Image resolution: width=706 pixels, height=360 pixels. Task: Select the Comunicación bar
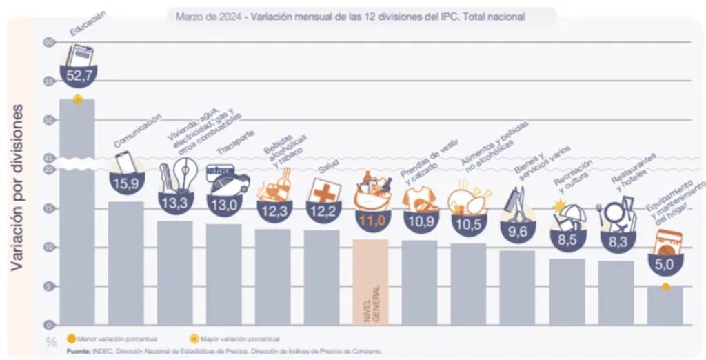coord(126,262)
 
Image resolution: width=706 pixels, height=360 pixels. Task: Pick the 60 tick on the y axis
coord(48,43)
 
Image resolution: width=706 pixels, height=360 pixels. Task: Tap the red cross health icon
coord(323,190)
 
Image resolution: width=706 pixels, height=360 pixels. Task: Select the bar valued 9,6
coord(517,287)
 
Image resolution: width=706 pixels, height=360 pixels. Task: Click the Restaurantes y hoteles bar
coord(616,292)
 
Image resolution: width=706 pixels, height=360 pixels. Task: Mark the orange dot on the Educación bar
coord(78,99)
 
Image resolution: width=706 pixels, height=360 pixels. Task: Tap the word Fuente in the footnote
coord(78,352)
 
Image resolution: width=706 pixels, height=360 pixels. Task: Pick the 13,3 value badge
coord(175,203)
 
